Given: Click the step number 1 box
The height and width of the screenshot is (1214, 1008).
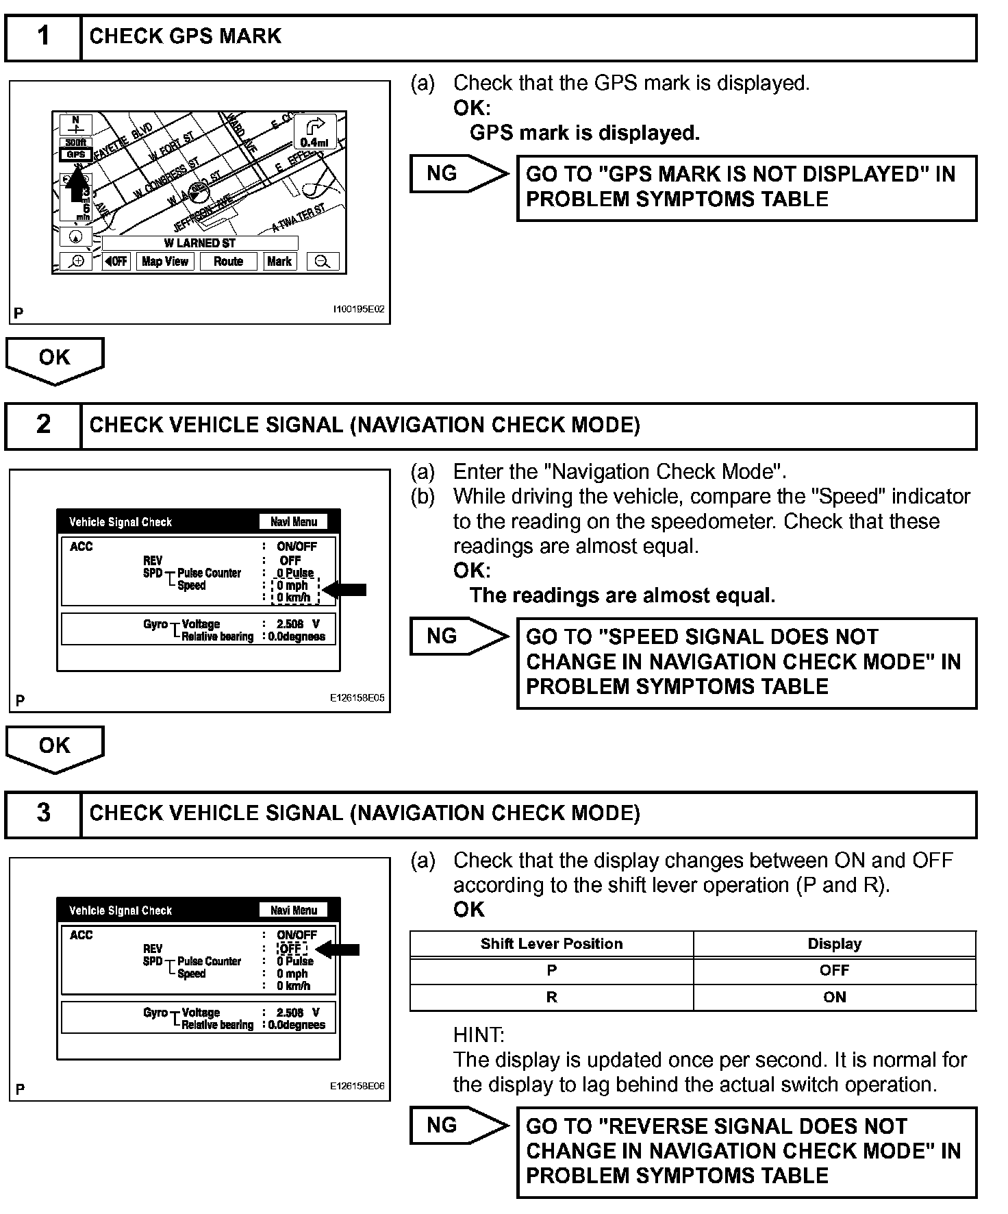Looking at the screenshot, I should coord(43,36).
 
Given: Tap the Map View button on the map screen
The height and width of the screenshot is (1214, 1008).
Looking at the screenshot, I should coord(165,261).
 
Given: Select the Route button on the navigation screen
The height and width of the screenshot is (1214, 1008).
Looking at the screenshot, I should coord(228,261).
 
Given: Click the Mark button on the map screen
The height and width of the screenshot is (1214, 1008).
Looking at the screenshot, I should coord(279,261).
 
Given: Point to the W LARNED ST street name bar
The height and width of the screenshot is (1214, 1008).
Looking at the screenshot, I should coord(199,243).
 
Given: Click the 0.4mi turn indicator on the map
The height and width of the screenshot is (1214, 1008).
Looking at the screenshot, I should coord(314,132).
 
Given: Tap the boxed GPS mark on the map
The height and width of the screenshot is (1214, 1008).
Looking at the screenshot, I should coord(75,154).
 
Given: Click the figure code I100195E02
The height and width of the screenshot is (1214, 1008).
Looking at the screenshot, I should coord(358,309).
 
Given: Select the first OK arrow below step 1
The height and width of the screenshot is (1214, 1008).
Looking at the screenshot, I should coord(55,359).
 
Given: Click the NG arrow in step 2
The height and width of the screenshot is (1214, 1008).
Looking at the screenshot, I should coord(457,636).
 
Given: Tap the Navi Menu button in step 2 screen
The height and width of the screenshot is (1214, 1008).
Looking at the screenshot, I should coord(294,522).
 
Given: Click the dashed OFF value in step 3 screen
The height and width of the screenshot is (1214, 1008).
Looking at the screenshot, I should coord(291,949).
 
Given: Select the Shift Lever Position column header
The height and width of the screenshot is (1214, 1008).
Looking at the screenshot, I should coord(551,943).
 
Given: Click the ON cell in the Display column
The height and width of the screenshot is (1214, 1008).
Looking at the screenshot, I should coord(834,997).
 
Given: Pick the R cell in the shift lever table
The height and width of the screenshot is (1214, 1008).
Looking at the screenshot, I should coord(551,997).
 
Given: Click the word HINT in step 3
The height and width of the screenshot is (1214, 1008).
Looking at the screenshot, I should coord(479,1035).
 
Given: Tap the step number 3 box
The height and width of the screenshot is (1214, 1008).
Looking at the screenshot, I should coord(43,813).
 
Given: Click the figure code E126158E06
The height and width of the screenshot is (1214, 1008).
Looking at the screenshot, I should coord(357,1086).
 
